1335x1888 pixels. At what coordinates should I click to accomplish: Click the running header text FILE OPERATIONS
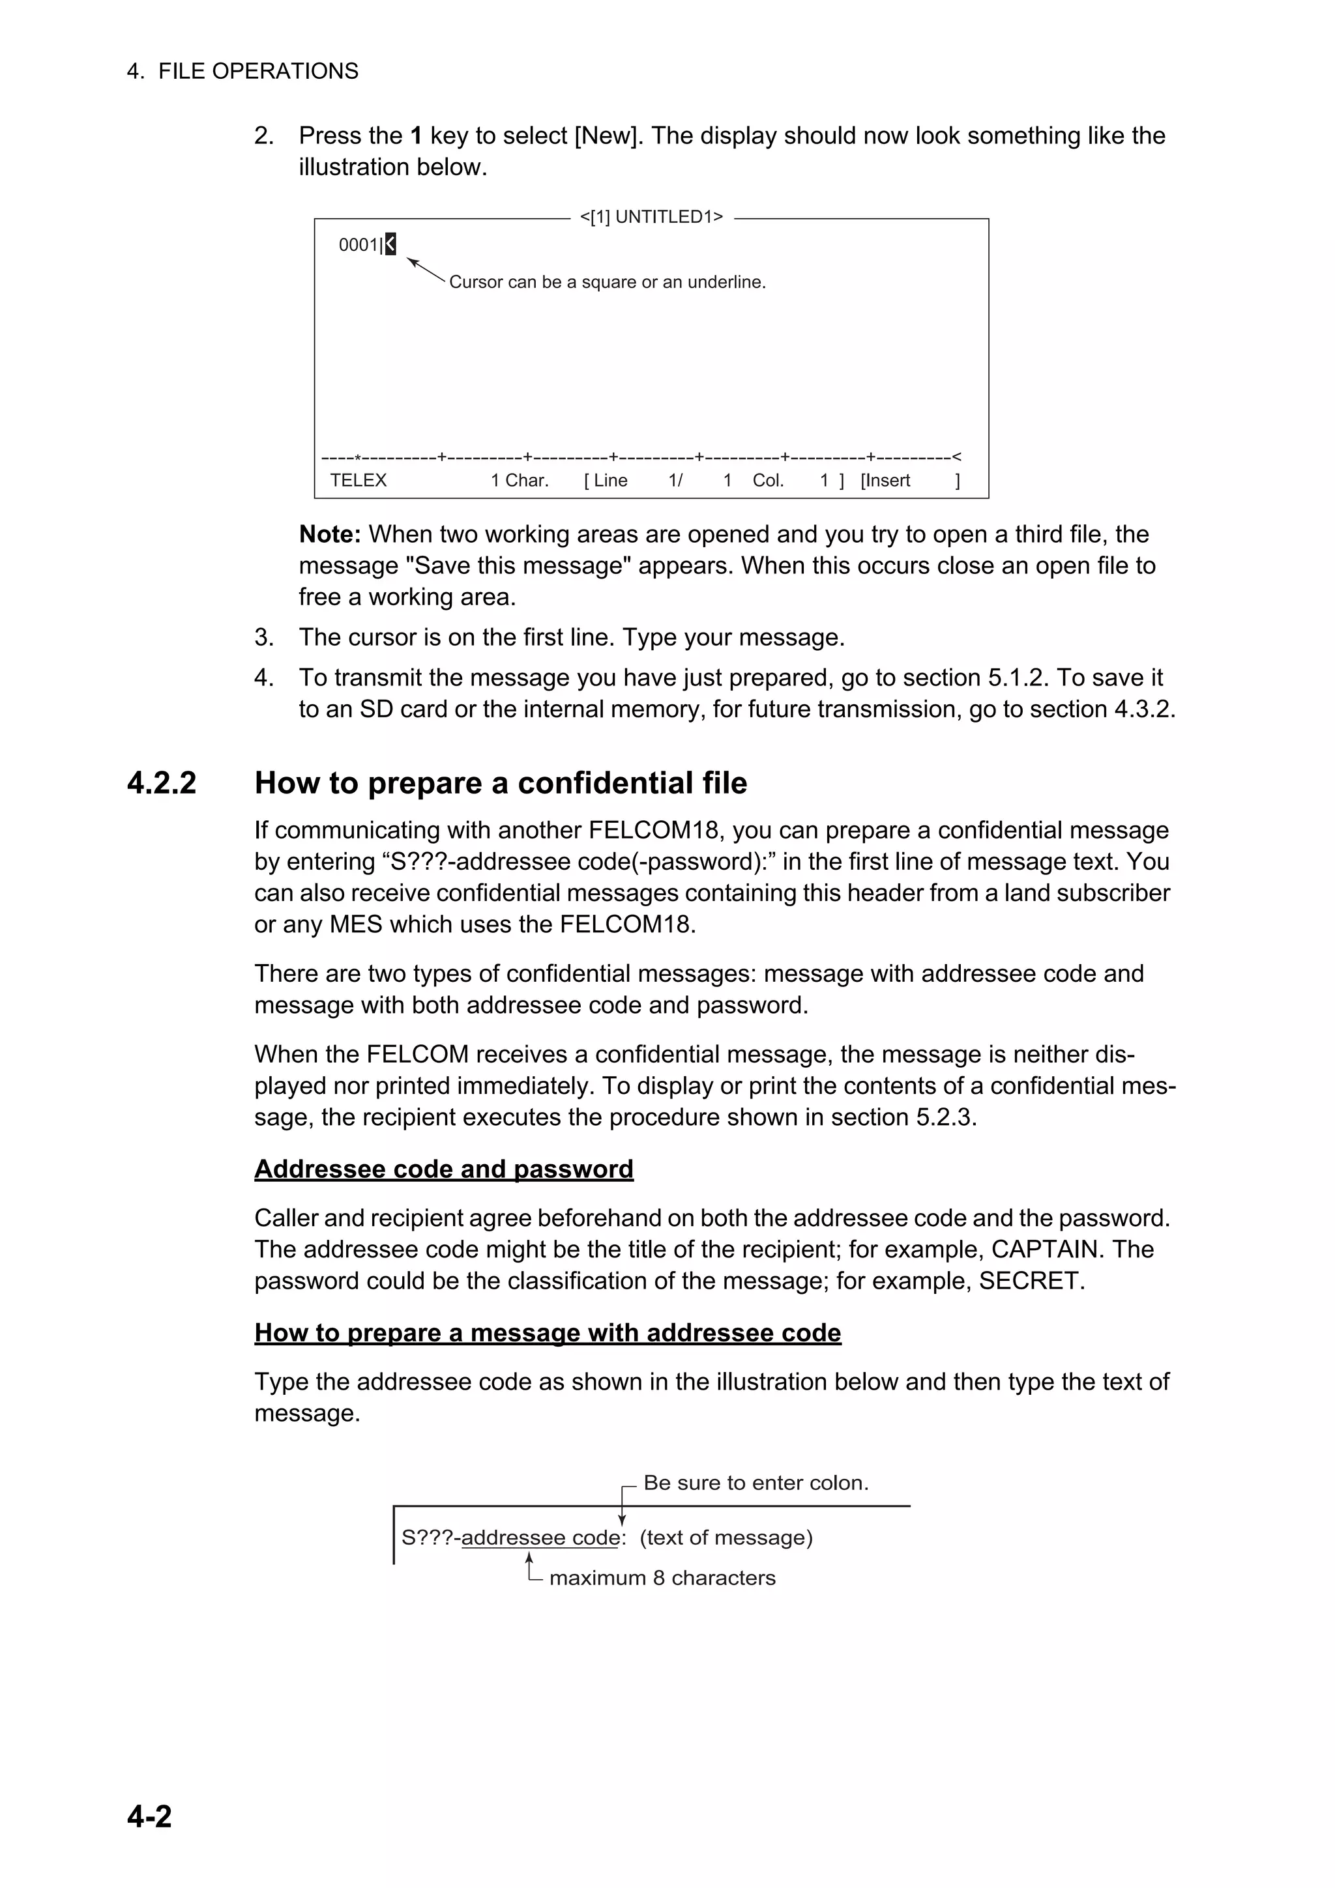pyautogui.click(x=257, y=72)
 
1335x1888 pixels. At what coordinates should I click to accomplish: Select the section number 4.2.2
pyautogui.click(x=162, y=783)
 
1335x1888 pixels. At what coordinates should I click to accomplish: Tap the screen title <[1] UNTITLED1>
pyautogui.click(x=651, y=217)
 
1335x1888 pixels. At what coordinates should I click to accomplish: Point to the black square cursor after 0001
pyautogui.click(x=390, y=244)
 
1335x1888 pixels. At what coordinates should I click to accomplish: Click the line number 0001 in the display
pyautogui.click(x=359, y=245)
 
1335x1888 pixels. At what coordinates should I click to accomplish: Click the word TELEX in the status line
pyautogui.click(x=358, y=481)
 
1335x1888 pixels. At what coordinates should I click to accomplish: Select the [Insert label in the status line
pyautogui.click(x=885, y=481)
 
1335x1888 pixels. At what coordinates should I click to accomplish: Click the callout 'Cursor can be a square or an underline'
pyautogui.click(x=607, y=282)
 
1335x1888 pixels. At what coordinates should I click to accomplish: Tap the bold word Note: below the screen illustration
pyautogui.click(x=330, y=534)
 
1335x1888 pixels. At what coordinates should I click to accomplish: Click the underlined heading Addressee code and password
pyautogui.click(x=443, y=1169)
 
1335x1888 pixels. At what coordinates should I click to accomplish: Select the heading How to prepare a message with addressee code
pyautogui.click(x=547, y=1333)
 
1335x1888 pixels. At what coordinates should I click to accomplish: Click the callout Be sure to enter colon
pyautogui.click(x=755, y=1483)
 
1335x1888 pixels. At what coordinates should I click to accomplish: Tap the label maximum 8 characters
pyautogui.click(x=662, y=1578)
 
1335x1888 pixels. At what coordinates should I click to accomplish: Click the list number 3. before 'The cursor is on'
pyautogui.click(x=263, y=637)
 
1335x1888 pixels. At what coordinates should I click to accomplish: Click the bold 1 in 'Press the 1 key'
pyautogui.click(x=417, y=136)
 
